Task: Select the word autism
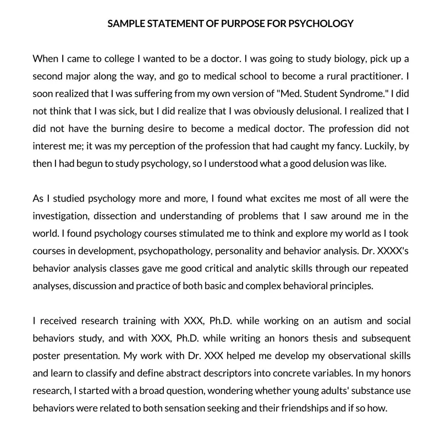(x=332, y=320)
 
